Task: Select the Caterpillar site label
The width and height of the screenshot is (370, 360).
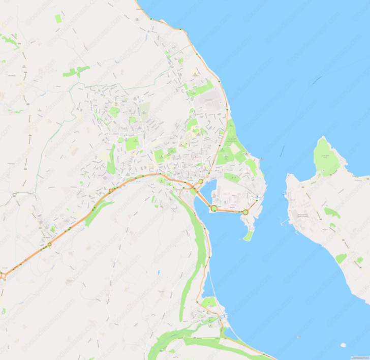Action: pyautogui.click(x=207, y=100)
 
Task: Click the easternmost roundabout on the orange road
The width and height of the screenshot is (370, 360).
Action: pyautogui.click(x=245, y=212)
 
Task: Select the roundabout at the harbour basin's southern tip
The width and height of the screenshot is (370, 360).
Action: pyautogui.click(x=214, y=208)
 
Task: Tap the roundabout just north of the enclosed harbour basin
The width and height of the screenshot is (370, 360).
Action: pyautogui.click(x=201, y=182)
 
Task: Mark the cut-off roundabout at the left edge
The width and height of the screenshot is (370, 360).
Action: pyautogui.click(x=2, y=275)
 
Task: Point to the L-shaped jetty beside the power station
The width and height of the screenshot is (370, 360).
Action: pyautogui.click(x=283, y=222)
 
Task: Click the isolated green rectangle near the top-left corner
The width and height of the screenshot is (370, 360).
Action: pyautogui.click(x=58, y=19)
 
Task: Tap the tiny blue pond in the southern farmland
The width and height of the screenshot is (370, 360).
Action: pyautogui.click(x=159, y=273)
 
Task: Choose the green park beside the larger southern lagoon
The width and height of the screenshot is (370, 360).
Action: pyautogui.click(x=209, y=303)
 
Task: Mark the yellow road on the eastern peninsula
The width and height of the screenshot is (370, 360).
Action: pyautogui.click(x=315, y=203)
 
